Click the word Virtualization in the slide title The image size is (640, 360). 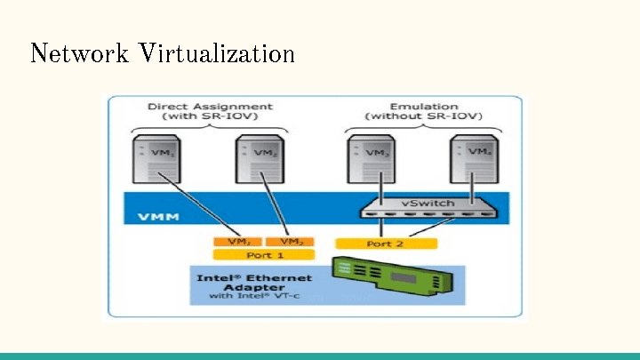(x=216, y=53)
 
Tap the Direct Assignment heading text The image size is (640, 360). (x=209, y=107)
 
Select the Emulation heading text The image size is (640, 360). (x=424, y=107)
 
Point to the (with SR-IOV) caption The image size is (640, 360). (x=210, y=116)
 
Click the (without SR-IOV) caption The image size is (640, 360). (x=424, y=116)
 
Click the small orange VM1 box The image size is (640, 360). (x=234, y=242)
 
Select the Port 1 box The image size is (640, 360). (x=259, y=254)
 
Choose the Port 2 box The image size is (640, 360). (x=386, y=243)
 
